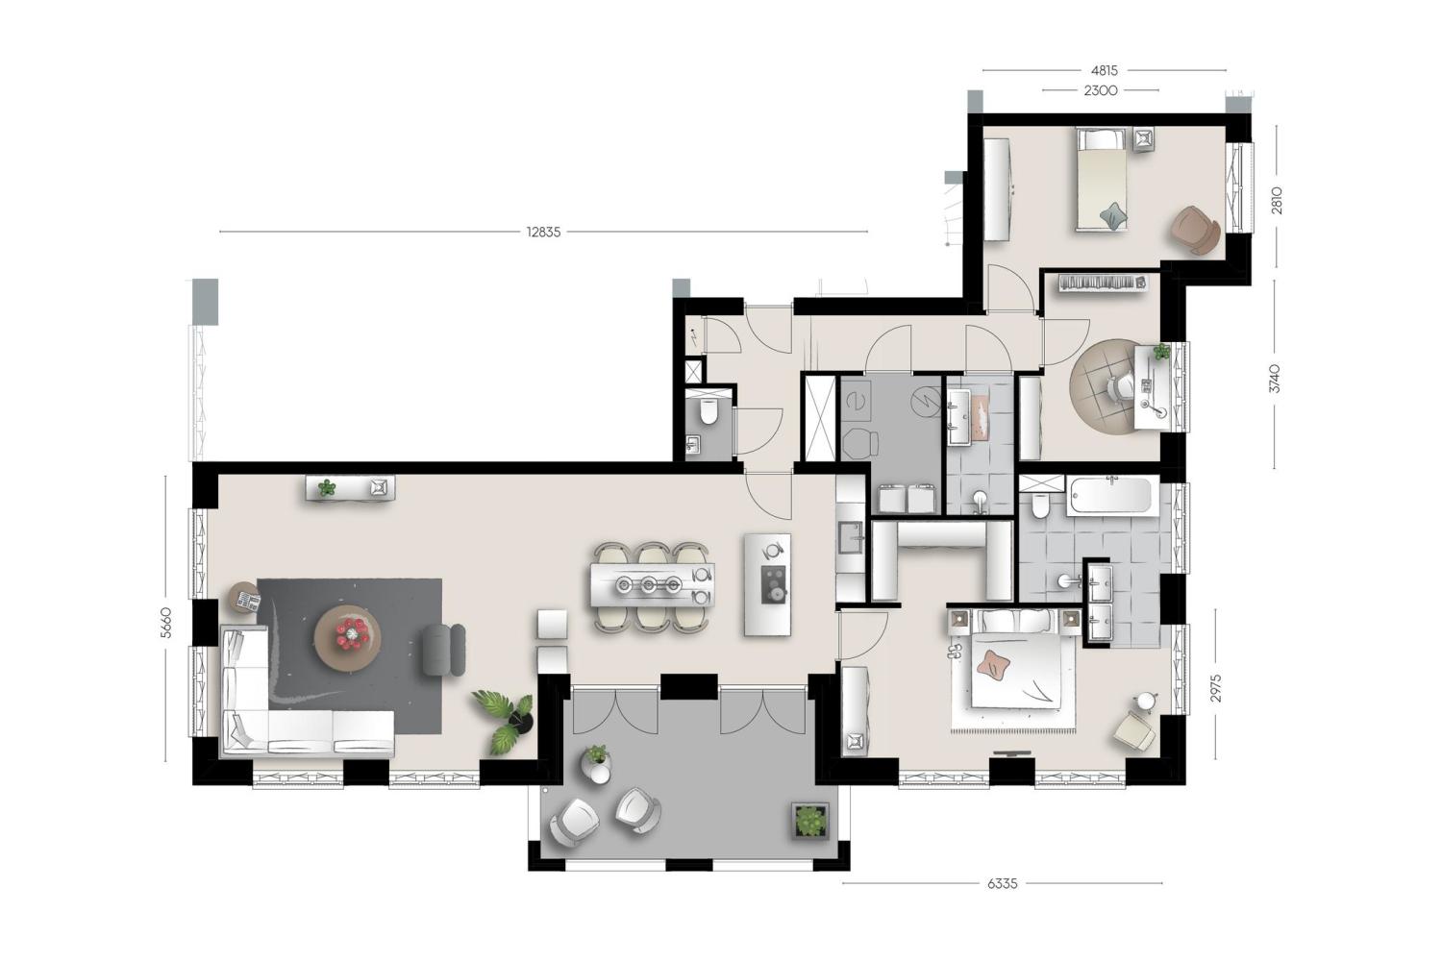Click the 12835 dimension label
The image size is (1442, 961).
tap(543, 232)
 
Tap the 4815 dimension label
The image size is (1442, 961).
tap(1104, 71)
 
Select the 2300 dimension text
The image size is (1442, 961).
tap(1100, 90)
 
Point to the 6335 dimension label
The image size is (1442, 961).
tap(1003, 884)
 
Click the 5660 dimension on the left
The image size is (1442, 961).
tap(166, 622)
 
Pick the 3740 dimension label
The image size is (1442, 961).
tap(1276, 379)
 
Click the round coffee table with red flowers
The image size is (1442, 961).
tap(348, 638)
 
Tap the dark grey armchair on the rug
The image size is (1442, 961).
tap(443, 650)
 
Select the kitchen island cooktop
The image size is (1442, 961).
tap(774, 585)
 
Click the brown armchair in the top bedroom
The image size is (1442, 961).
tap(1196, 230)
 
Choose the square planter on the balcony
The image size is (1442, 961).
tap(809, 821)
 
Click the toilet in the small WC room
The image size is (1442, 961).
tap(709, 413)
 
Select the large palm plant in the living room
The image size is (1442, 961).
tap(506, 721)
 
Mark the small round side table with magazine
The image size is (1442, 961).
tap(244, 598)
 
